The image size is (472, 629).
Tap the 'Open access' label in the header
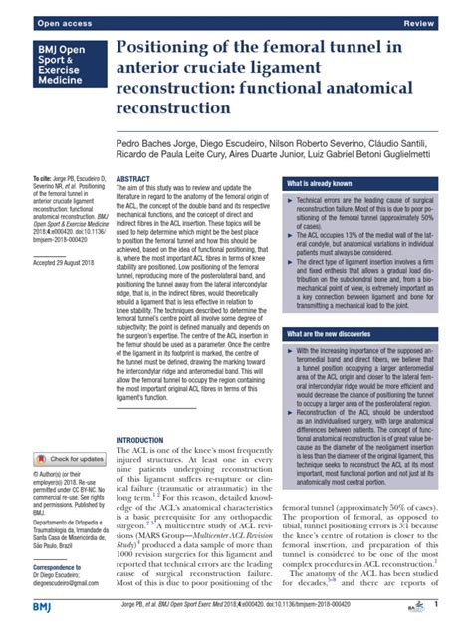37,20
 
